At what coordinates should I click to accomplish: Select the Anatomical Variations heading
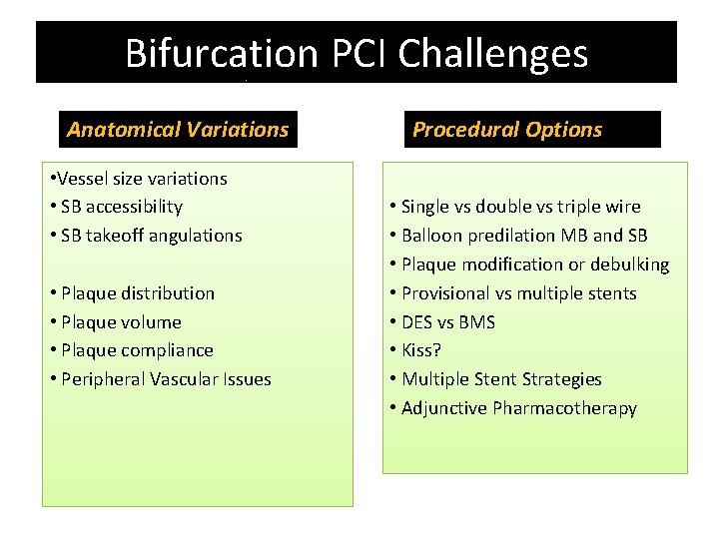click(178, 129)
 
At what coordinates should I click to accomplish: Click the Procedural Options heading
click(507, 129)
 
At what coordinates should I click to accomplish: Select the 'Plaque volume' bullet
click(120, 322)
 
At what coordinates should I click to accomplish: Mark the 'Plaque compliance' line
click(136, 350)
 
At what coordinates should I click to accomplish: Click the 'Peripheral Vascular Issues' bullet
click(165, 379)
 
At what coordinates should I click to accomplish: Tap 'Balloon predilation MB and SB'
click(523, 236)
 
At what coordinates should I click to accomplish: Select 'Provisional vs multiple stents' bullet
click(517, 293)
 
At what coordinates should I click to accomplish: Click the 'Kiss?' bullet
click(420, 350)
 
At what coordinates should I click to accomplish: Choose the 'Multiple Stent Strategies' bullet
click(500, 379)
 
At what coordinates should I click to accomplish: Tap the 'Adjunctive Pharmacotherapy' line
click(517, 408)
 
